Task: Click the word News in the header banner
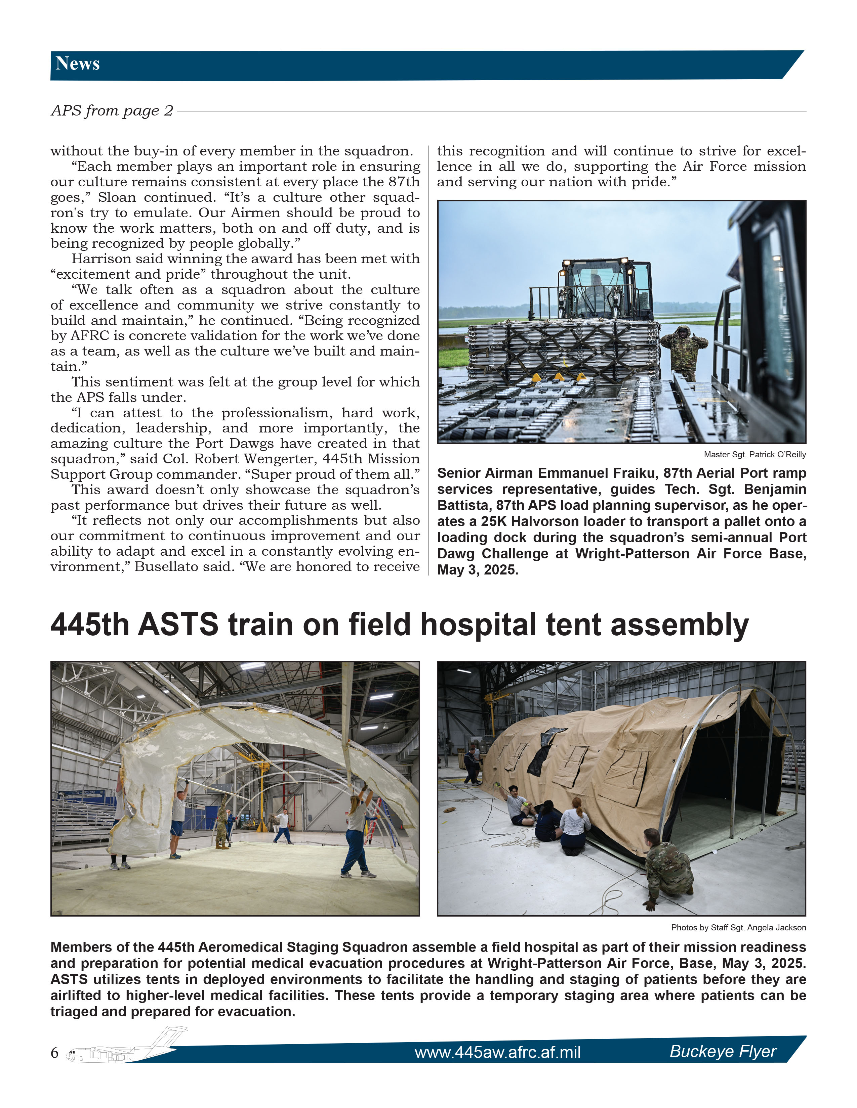coord(78,63)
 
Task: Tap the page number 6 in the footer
coord(55,1052)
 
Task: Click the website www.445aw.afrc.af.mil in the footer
coord(497,1052)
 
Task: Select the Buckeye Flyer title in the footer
coord(723,1051)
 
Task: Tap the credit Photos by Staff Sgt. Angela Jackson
coord(738,927)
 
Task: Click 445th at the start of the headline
coord(90,625)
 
